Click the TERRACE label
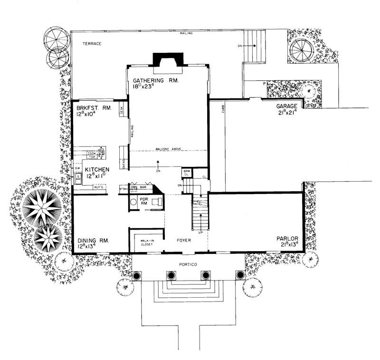(93, 44)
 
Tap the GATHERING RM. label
(155, 81)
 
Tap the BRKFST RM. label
(94, 108)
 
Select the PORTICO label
(189, 263)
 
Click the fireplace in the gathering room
(167, 60)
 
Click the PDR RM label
(143, 201)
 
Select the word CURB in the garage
(222, 114)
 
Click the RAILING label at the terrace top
(186, 34)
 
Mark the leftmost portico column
(137, 276)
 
